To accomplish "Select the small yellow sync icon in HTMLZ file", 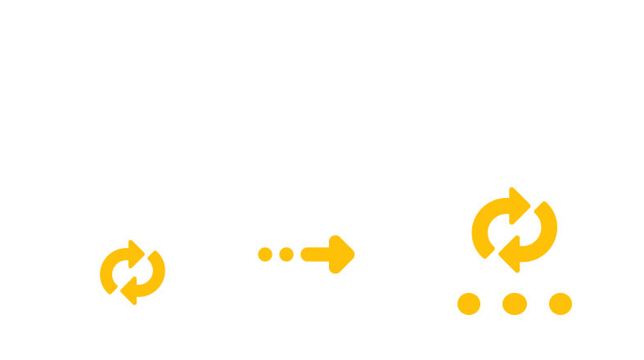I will click(133, 271).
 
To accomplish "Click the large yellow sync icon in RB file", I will click(514, 230).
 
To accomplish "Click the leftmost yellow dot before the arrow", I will click(265, 254).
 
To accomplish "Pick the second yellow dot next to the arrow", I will click(286, 254).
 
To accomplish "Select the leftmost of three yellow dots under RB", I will click(467, 304).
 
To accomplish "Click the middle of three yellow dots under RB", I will click(514, 304).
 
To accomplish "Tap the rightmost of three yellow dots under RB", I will click(561, 304).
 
